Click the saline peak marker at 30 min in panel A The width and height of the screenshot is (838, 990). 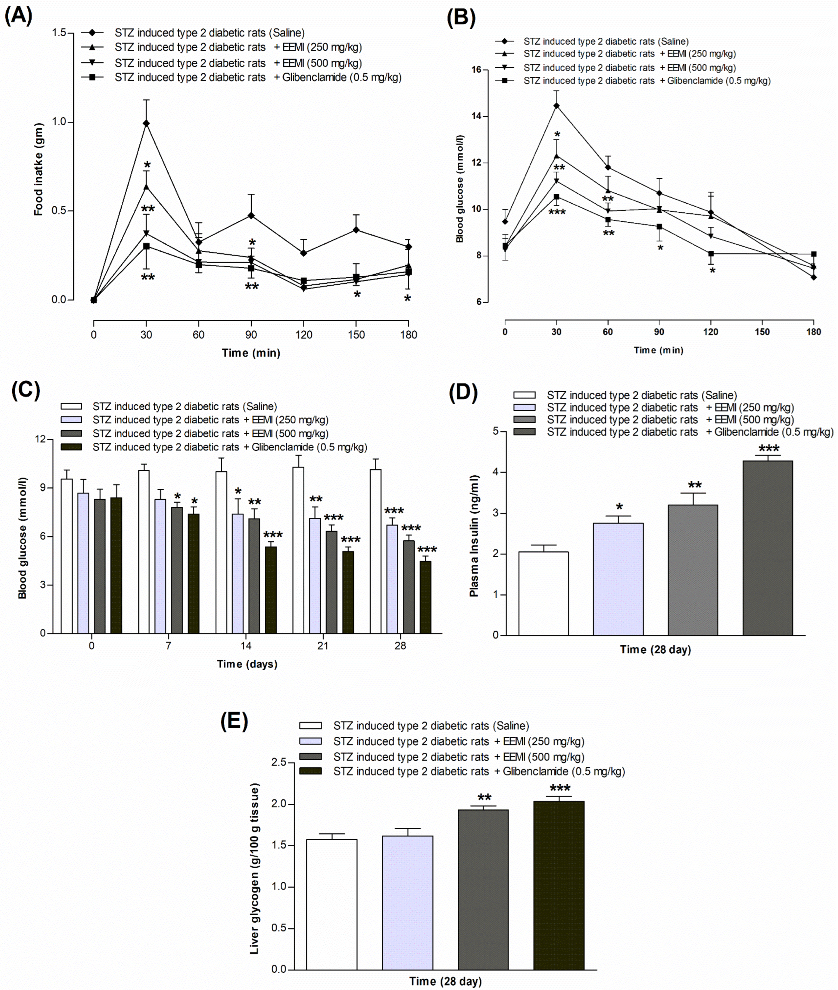pyautogui.click(x=146, y=123)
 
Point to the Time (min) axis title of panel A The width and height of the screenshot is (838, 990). pyautogui.click(x=251, y=352)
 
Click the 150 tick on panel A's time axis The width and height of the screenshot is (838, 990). pyautogui.click(x=356, y=334)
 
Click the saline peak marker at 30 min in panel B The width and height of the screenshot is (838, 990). pyautogui.click(x=556, y=106)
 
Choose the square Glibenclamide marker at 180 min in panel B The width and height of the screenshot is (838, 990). pyautogui.click(x=814, y=254)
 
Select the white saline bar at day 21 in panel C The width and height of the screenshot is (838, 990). pyautogui.click(x=298, y=550)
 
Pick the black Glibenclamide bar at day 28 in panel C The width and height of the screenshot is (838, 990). pyautogui.click(x=425, y=597)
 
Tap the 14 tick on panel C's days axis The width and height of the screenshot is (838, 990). pyautogui.click(x=245, y=645)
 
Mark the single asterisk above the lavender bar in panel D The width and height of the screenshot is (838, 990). pyautogui.click(x=619, y=507)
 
